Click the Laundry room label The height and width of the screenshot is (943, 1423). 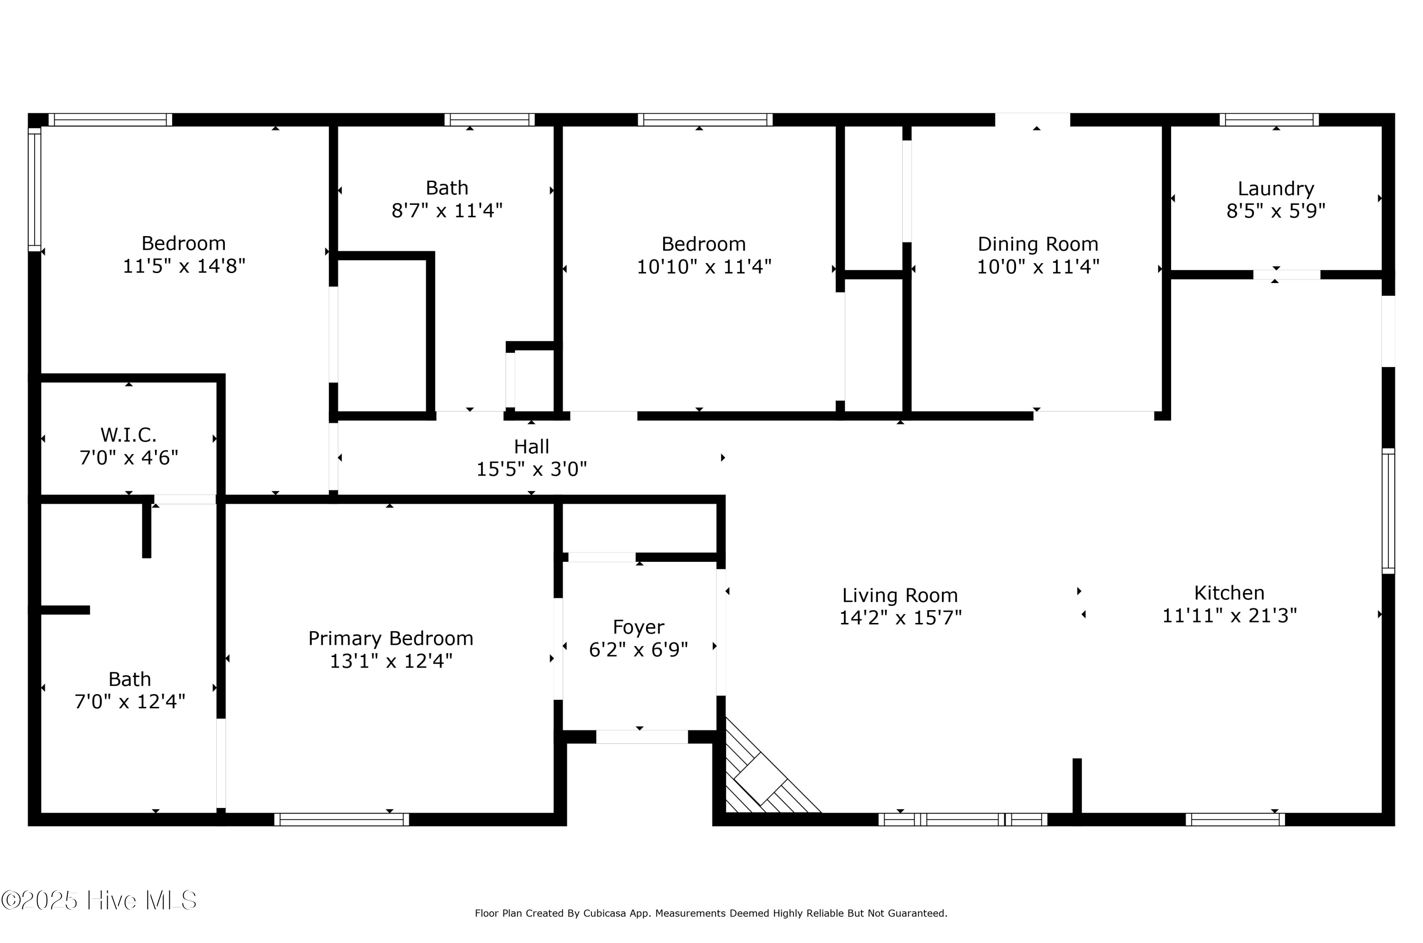(x=1275, y=189)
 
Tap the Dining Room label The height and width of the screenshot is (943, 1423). (x=1038, y=244)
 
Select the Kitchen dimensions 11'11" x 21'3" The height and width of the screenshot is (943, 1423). (x=1229, y=616)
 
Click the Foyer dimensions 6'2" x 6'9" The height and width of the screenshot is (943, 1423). (x=638, y=650)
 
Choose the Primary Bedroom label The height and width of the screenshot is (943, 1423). (x=390, y=638)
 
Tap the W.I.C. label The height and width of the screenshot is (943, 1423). (x=128, y=434)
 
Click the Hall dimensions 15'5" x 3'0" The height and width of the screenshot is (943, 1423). (x=531, y=469)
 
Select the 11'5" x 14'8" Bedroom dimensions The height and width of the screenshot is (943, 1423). (x=184, y=266)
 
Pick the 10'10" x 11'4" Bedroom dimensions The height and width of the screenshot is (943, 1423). (x=704, y=266)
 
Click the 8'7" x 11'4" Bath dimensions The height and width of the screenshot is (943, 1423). (x=447, y=211)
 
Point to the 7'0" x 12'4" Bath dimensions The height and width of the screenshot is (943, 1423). (x=130, y=701)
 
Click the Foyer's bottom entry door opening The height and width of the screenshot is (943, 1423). (x=642, y=737)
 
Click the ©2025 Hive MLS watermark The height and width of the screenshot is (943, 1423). (x=99, y=900)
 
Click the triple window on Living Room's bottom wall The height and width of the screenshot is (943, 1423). (x=963, y=819)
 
